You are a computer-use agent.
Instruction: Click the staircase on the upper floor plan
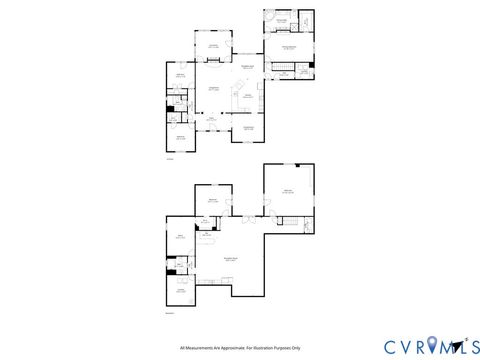(x=283, y=72)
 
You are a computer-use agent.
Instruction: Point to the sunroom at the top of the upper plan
(x=212, y=45)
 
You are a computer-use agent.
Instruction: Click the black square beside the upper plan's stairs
(x=312, y=65)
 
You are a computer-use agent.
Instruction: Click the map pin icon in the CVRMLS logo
(x=431, y=345)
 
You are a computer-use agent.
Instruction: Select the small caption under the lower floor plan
(x=168, y=314)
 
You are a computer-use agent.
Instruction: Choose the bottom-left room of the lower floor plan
(x=182, y=290)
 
